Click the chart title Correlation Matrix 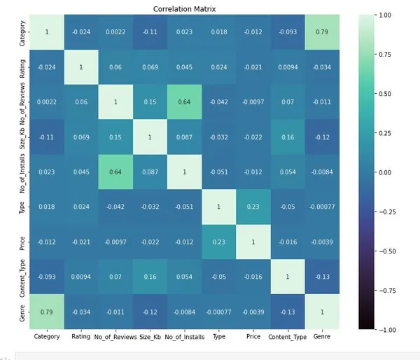(189, 9)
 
